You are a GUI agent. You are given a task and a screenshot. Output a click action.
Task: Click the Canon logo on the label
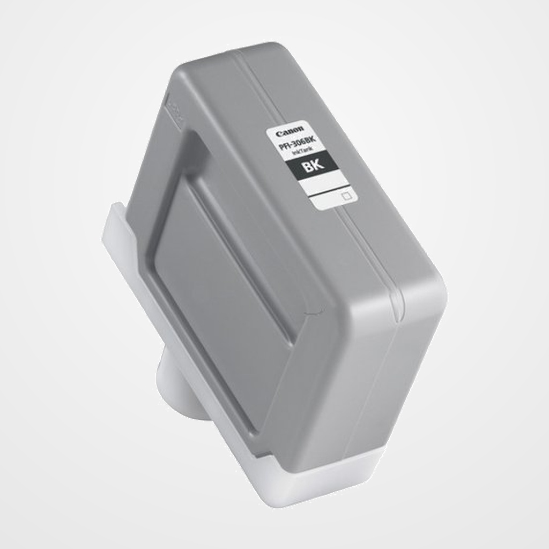290,131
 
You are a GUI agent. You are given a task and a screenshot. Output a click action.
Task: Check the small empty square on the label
346,196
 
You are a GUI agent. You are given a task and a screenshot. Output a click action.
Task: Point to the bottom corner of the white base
279,501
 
